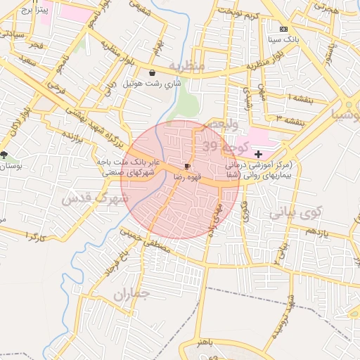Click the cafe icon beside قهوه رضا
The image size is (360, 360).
point(186,167)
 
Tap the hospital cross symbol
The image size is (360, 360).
point(258,153)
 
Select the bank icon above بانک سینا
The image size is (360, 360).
point(283,30)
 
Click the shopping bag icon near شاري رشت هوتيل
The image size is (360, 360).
point(152,72)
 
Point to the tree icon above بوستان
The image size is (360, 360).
point(5,154)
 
